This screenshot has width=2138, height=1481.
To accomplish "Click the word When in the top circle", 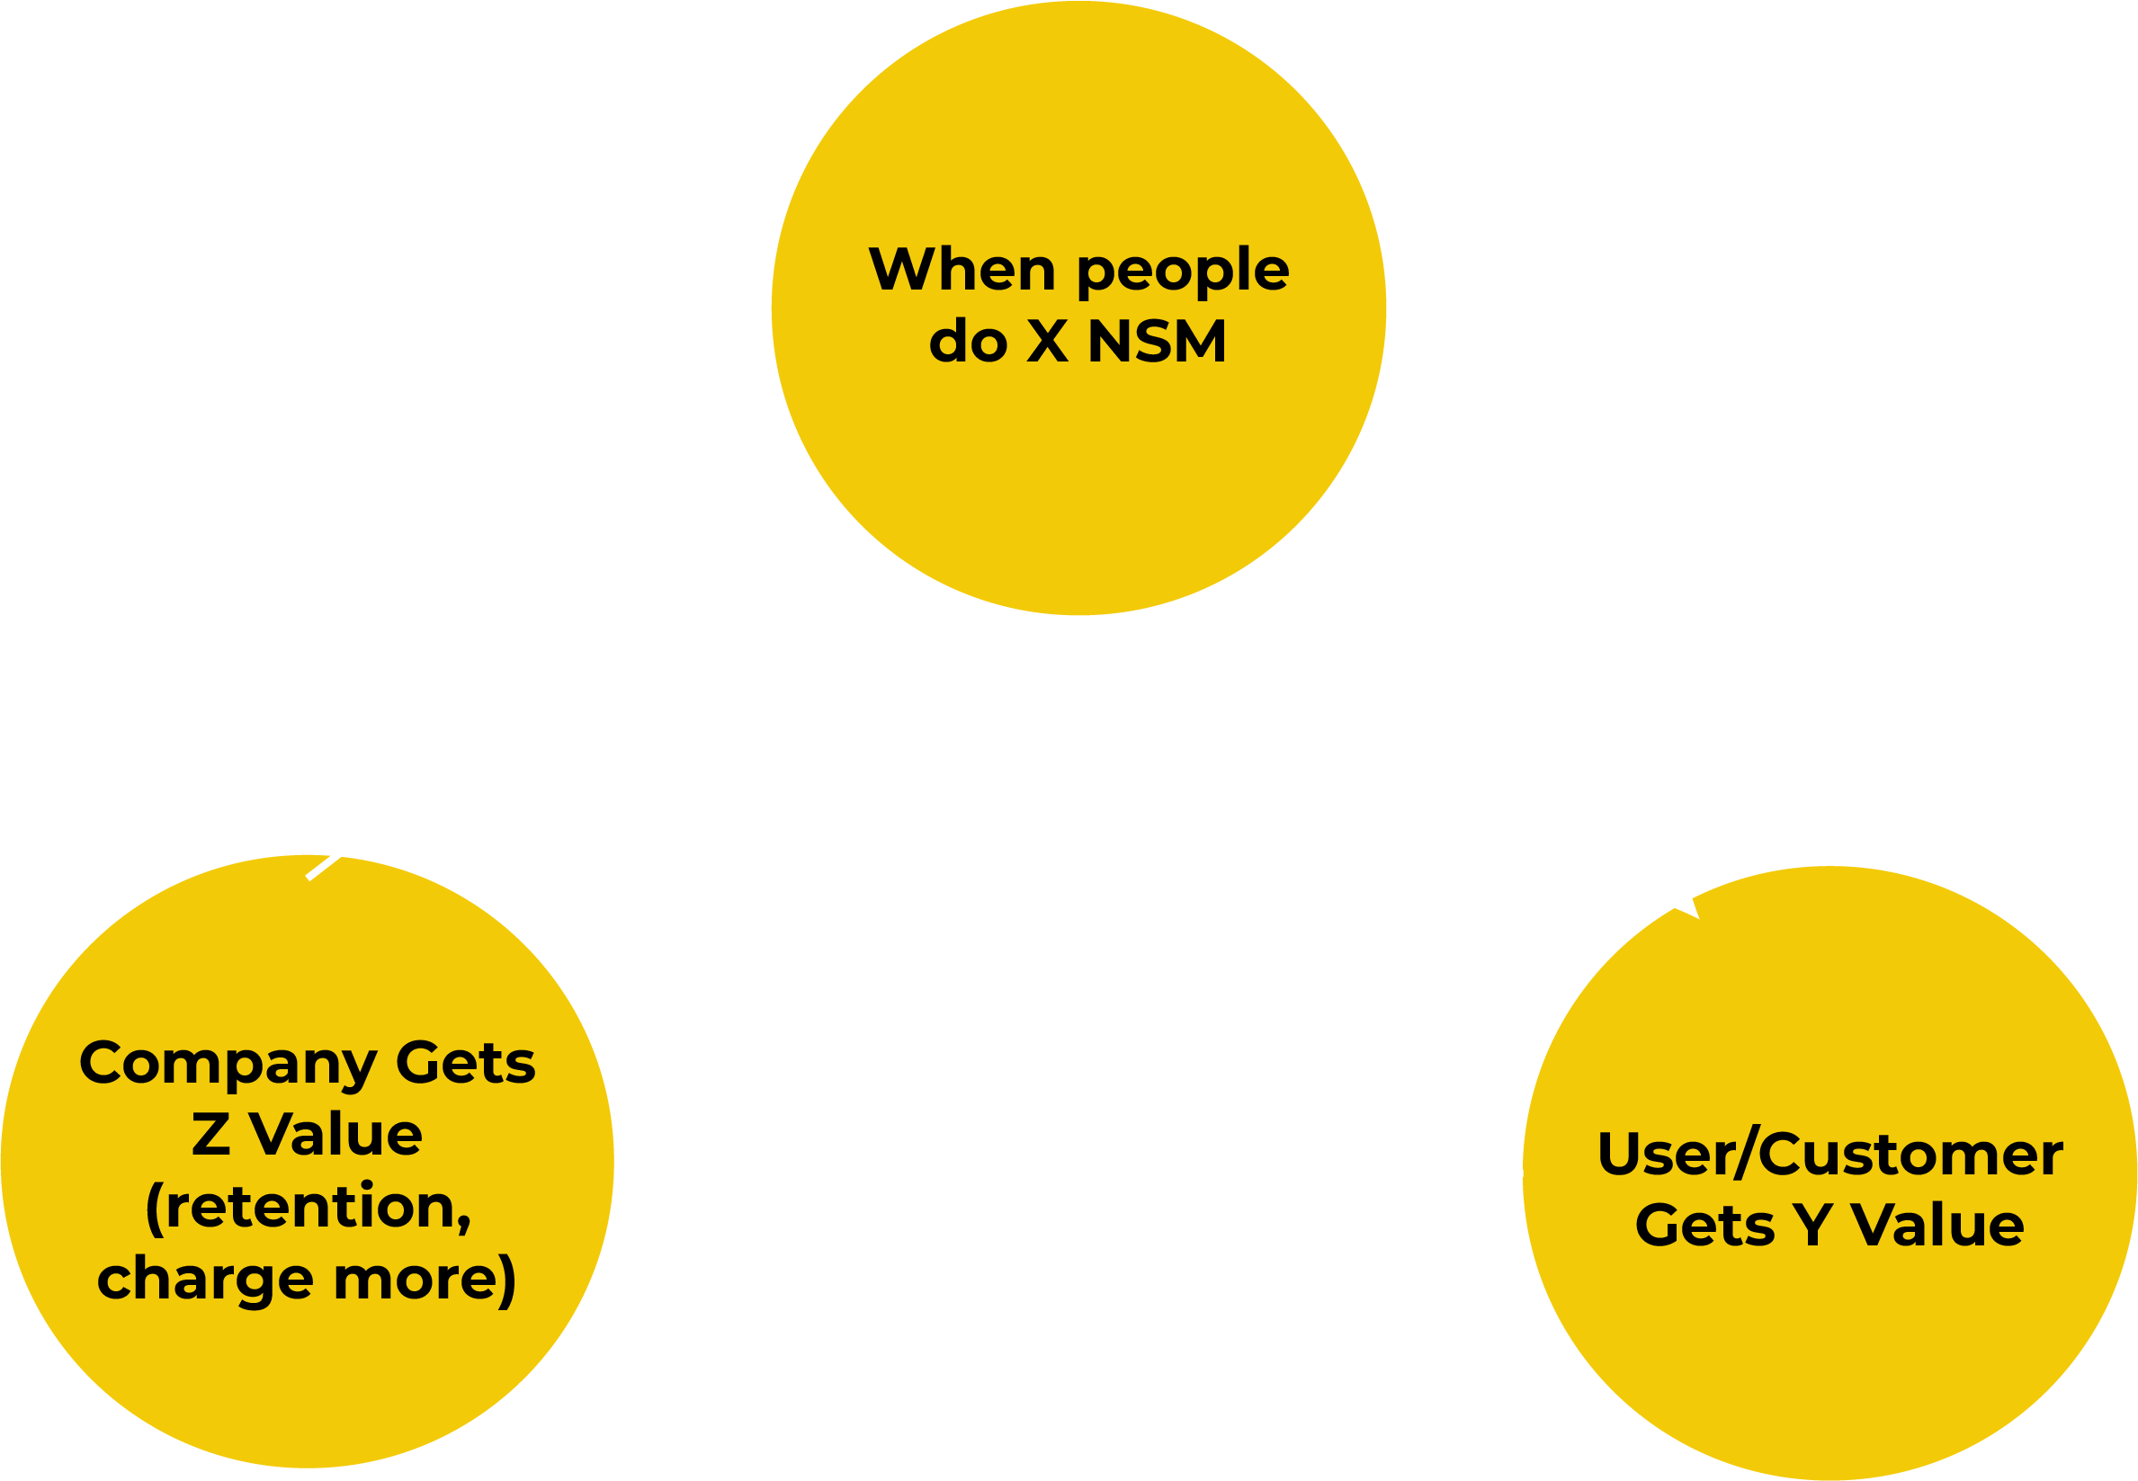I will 962,269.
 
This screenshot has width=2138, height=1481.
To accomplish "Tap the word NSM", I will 1156,342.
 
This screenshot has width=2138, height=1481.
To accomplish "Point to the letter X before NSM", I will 1048,342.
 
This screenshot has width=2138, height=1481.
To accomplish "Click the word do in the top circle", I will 968,342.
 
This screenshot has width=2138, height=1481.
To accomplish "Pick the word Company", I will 228,1065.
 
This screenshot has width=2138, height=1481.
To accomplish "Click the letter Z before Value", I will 210,1134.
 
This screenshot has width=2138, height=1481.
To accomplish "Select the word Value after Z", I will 335,1134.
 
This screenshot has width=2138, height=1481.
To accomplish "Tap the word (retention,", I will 309,1208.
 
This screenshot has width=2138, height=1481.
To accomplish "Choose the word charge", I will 205,1280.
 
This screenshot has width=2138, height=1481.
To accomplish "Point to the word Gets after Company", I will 466,1063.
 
